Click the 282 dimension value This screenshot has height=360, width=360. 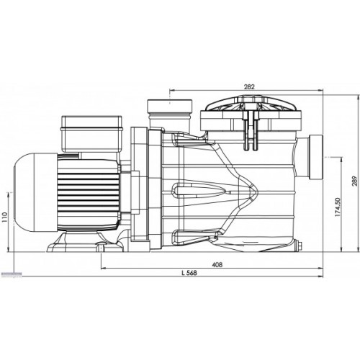click(249, 86)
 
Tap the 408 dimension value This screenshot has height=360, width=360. click(217, 264)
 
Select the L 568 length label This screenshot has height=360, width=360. click(189, 273)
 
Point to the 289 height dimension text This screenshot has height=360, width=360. click(355, 181)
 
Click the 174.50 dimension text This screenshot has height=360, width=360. click(338, 207)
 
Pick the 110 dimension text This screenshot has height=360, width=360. click(5, 217)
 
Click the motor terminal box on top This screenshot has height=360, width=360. click(91, 134)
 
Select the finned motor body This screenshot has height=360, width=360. click(89, 193)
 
